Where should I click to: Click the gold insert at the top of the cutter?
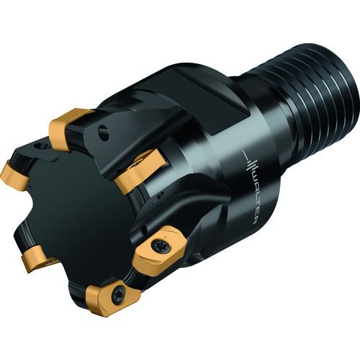68,128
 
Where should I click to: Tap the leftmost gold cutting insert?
15,174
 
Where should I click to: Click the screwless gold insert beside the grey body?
139,168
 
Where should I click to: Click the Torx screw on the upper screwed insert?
158,246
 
